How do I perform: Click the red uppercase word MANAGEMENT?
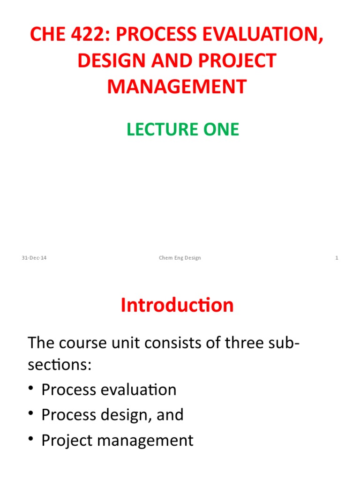(177, 87)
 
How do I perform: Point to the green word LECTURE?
(156, 129)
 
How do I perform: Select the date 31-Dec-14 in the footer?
(34, 258)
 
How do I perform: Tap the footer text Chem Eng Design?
(180, 258)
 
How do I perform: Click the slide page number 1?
(337, 258)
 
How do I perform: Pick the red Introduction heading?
(177, 305)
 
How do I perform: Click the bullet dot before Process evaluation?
(32, 390)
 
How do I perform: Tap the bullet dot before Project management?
(32, 441)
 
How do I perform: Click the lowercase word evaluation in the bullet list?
(139, 390)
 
